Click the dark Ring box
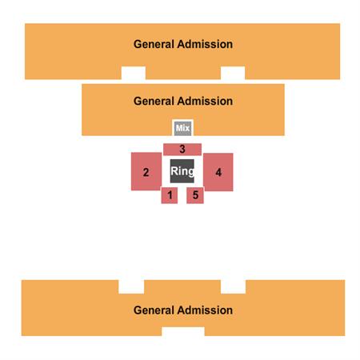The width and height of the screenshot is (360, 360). [x=182, y=171]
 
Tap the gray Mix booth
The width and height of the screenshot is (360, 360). [x=182, y=128]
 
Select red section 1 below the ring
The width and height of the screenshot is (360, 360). [x=170, y=195]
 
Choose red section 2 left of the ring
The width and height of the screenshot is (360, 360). [x=146, y=171]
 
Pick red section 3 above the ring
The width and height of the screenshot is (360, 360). [x=182, y=149]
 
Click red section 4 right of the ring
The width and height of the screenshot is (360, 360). [x=218, y=172]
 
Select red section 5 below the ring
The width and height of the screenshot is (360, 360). [x=195, y=195]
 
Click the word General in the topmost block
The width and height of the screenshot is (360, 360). [x=154, y=44]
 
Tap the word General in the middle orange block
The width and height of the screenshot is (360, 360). [x=154, y=101]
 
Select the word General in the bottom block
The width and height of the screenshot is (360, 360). [x=154, y=310]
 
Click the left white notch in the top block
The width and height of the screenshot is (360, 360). [x=134, y=73]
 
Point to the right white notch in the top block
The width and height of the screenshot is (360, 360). [x=233, y=73]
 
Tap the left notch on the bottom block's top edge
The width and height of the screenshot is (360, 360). [x=131, y=286]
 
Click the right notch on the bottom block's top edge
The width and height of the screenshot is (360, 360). [x=233, y=286]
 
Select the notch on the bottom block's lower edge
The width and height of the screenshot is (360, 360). [x=183, y=331]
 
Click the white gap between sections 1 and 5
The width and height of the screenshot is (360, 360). [x=182, y=195]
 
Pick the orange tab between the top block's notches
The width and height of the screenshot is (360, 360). [x=183, y=73]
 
